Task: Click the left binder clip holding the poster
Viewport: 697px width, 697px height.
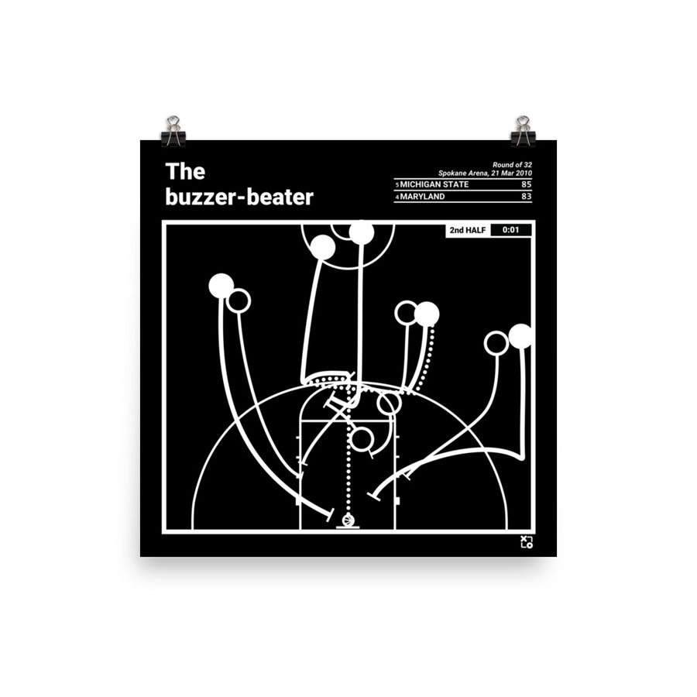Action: click(173, 132)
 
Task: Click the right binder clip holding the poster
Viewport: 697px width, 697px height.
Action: click(523, 132)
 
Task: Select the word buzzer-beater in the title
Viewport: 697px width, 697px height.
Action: click(239, 197)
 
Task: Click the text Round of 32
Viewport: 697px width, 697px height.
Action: click(513, 164)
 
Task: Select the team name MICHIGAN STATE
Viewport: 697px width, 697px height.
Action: click(434, 184)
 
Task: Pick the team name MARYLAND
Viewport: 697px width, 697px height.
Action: click(423, 197)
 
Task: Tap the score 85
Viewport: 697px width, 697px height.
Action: click(526, 184)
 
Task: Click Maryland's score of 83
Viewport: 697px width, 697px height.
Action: click(526, 197)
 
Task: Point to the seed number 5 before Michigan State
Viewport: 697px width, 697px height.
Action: click(397, 184)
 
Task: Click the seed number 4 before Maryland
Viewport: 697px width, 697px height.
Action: click(397, 197)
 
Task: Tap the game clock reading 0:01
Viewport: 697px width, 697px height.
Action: click(511, 230)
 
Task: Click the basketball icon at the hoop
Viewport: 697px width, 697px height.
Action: click(348, 520)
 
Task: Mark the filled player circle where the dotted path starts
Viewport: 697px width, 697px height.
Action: click(426, 314)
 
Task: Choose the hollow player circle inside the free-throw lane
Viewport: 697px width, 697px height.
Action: click(362, 439)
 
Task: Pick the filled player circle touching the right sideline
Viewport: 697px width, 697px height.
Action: click(520, 336)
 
